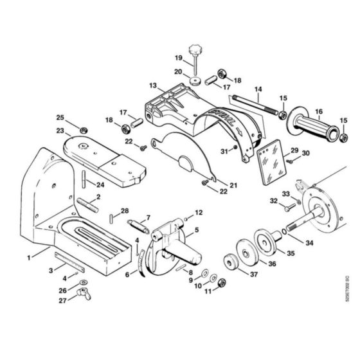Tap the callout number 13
152,85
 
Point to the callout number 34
310,243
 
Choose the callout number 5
197,230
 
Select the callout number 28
125,210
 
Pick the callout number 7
148,217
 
